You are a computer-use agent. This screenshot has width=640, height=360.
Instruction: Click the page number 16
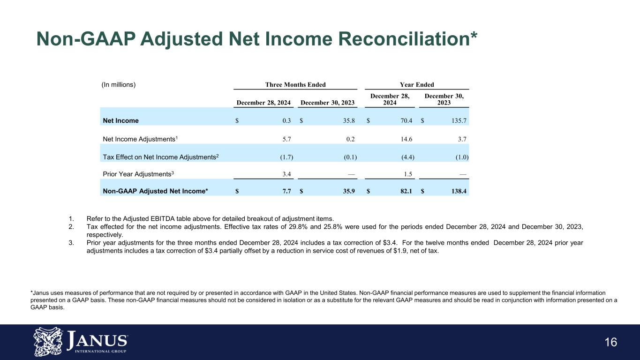click(610, 342)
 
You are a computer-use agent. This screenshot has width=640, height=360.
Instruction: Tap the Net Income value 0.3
click(286, 120)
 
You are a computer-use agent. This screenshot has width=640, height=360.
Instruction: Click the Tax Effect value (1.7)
click(284, 157)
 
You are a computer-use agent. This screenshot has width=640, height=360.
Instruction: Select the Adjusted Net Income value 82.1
click(405, 191)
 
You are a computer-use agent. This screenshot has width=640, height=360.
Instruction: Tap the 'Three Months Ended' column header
click(295, 85)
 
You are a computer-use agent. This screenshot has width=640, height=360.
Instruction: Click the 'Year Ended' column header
click(416, 85)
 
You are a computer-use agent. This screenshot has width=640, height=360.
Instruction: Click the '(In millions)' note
click(119, 85)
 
